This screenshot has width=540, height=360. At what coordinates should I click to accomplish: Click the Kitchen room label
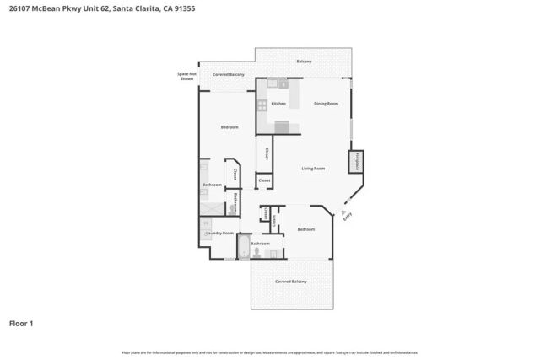tap(278, 104)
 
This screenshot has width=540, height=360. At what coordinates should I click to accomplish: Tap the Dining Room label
tap(326, 104)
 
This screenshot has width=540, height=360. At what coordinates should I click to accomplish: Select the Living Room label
tap(313, 169)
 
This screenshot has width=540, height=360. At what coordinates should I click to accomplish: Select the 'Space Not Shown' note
tap(186, 76)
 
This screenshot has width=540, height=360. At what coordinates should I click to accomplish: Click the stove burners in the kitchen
tap(262, 105)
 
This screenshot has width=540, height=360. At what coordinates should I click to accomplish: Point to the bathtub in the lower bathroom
tap(244, 249)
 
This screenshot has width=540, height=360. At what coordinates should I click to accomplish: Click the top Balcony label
tap(304, 62)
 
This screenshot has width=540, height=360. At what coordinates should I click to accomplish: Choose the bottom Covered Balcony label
tap(291, 281)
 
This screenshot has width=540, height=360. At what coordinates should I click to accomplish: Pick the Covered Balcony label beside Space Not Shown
tap(229, 75)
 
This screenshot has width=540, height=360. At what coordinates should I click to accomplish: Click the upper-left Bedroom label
tap(229, 127)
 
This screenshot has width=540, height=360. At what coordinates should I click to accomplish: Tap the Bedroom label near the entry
tap(305, 229)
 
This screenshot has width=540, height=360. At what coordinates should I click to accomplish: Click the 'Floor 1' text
tap(21, 322)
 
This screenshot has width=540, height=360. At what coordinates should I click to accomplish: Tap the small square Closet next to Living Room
tap(264, 180)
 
